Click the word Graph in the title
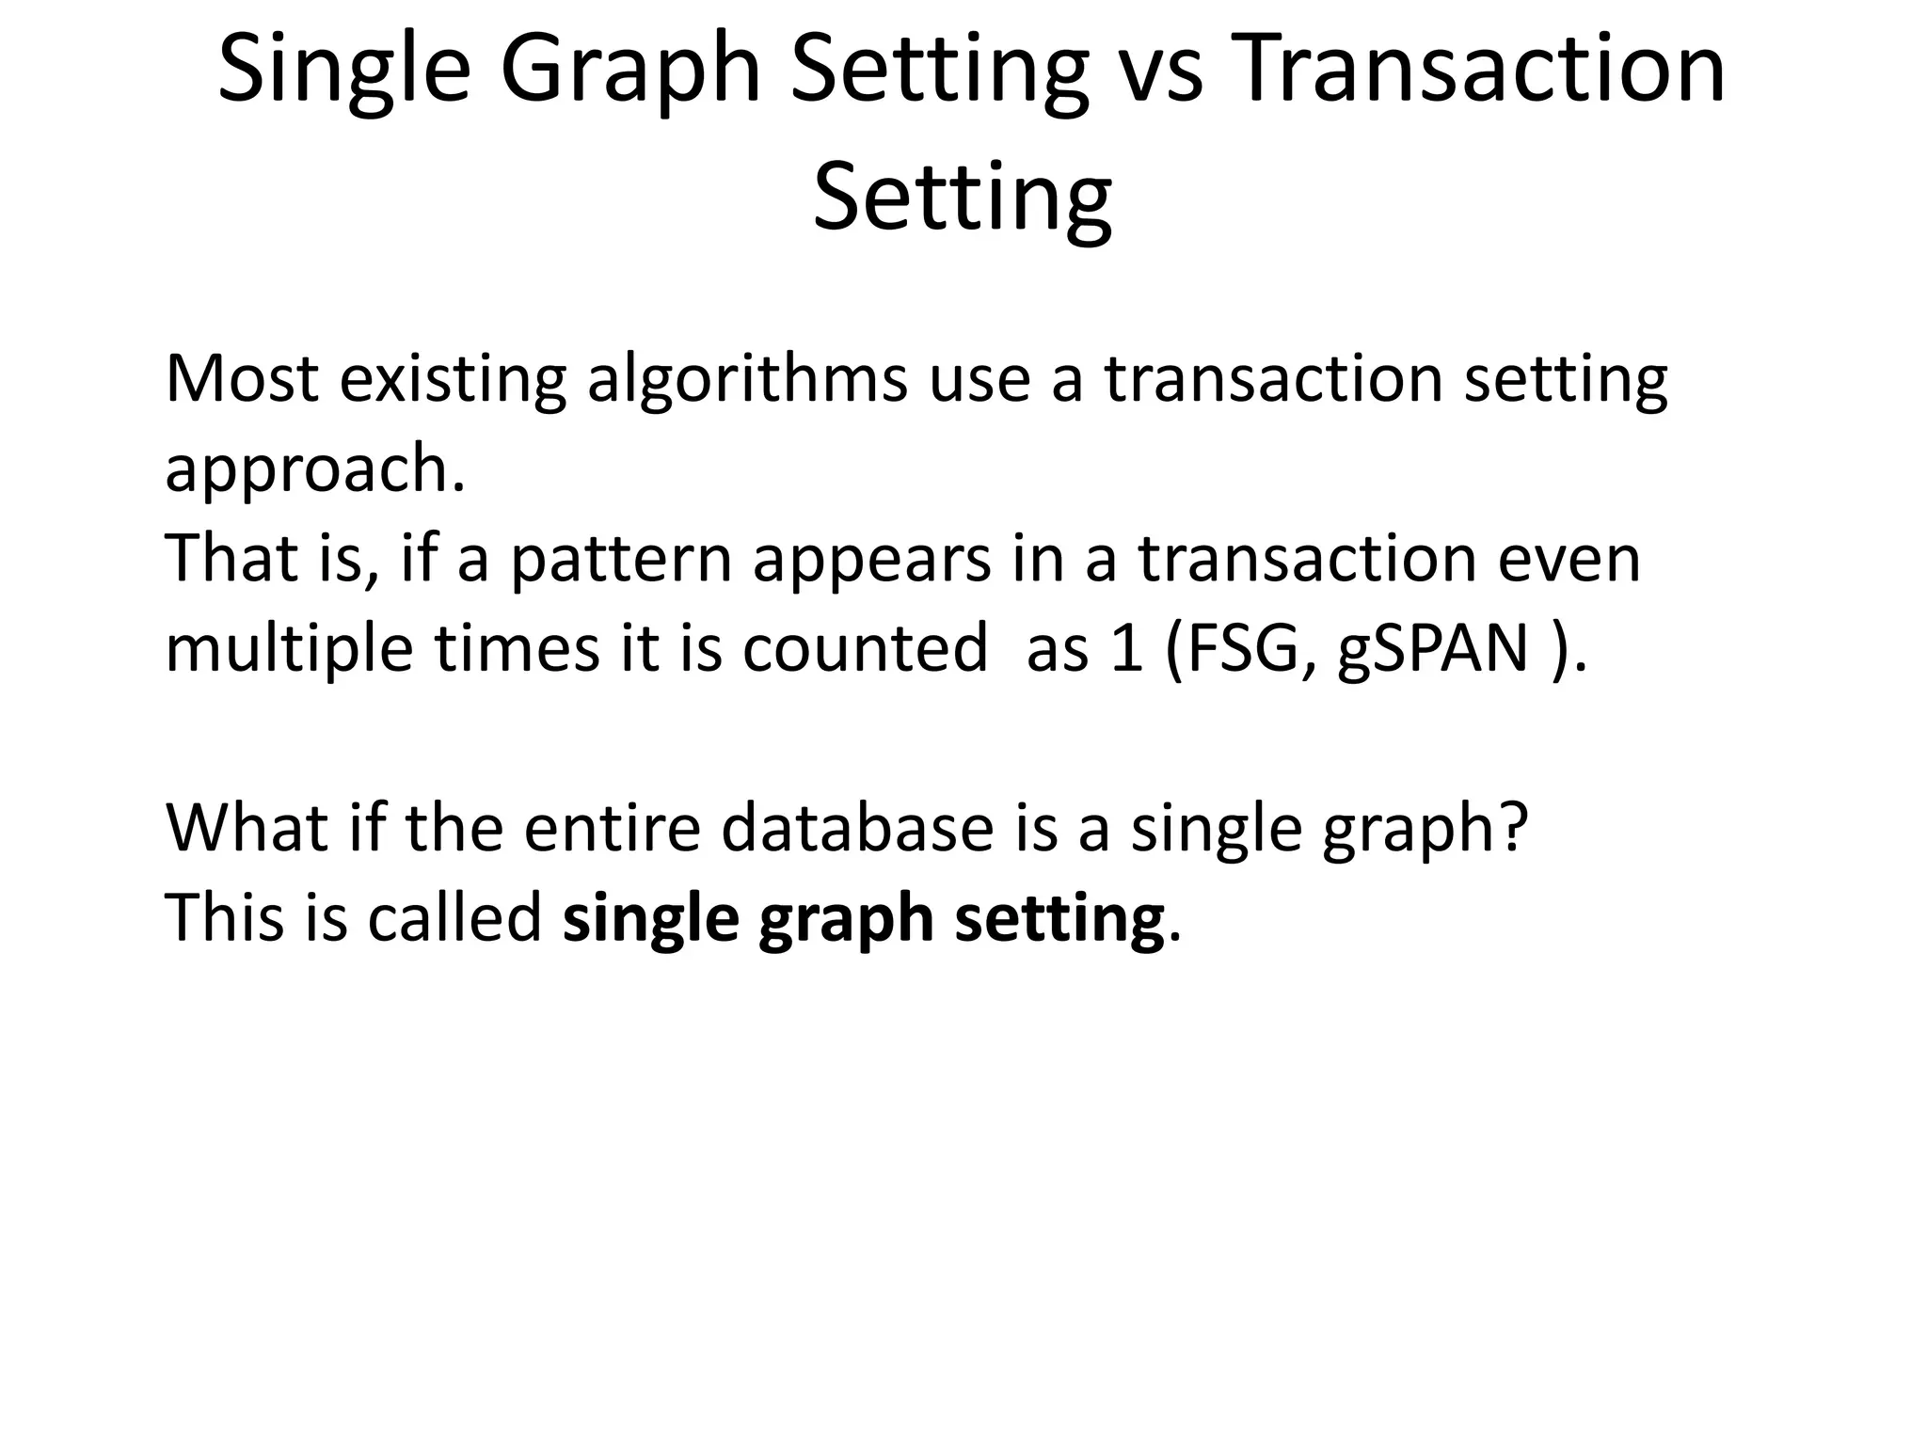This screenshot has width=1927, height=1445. coord(629,71)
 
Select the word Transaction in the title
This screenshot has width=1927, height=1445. coord(1478,71)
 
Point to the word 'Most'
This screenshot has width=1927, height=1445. coord(242,379)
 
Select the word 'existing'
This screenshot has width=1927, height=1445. coord(453,379)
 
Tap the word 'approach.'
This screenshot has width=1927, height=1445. coord(315,469)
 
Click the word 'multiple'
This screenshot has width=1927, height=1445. coord(289,649)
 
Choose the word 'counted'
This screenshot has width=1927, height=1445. coord(865,649)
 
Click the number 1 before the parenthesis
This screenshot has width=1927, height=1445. coord(1126,649)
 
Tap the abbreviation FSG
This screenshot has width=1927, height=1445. coord(1242,649)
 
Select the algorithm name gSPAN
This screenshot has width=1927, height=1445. coord(1431,649)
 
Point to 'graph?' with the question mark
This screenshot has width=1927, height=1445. coord(1424,829)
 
